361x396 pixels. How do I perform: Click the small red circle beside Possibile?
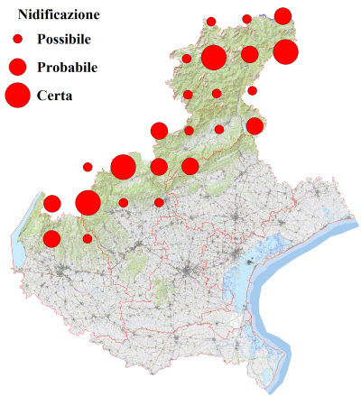[17, 40]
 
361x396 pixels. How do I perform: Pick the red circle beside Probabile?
[17, 67]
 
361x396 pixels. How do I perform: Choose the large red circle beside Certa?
[17, 95]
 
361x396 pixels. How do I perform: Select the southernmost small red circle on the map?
[88, 238]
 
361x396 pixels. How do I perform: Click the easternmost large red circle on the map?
[285, 51]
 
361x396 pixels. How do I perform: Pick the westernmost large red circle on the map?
[88, 202]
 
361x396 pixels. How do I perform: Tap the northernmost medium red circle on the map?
[282, 15]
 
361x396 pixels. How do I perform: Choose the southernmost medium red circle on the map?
[51, 239]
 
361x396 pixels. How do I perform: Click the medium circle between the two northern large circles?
[250, 54]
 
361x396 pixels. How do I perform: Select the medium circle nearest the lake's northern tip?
[51, 204]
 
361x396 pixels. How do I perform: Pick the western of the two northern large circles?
[214, 58]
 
